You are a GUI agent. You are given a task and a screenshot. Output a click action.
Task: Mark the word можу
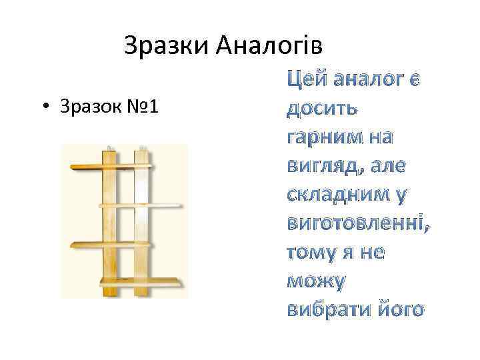(315, 282)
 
